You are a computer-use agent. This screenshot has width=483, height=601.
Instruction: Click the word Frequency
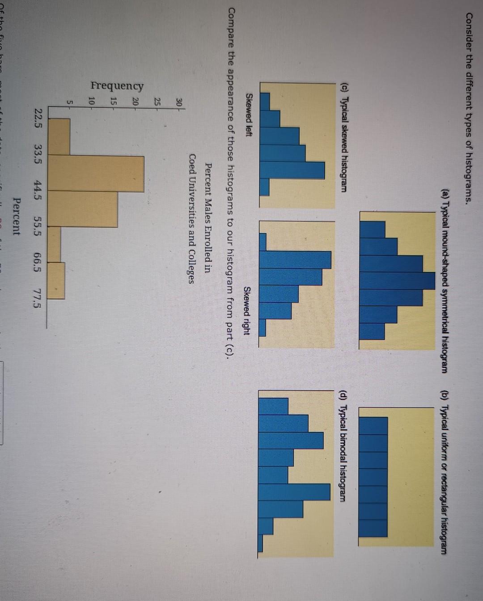tap(117, 85)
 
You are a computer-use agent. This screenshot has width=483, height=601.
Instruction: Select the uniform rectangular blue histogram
tap(373, 476)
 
